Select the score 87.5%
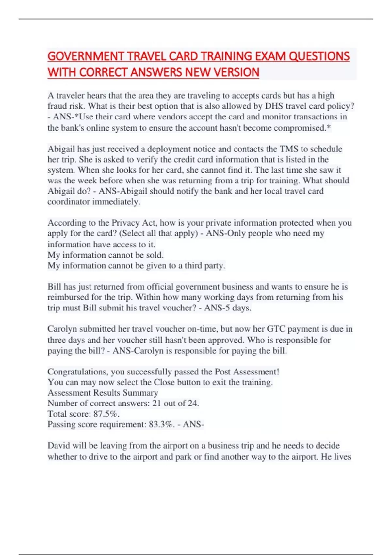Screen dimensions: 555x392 106,414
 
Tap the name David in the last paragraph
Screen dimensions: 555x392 58,446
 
